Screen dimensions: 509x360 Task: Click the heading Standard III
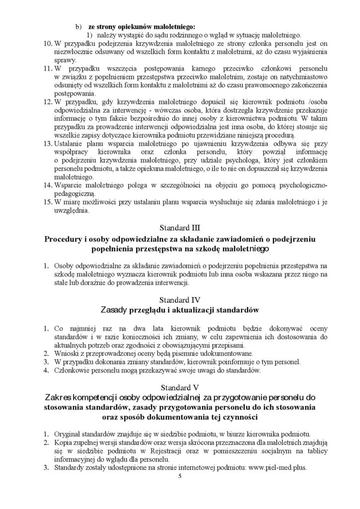click(180, 228)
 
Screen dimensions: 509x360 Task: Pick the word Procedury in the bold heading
click(65, 240)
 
